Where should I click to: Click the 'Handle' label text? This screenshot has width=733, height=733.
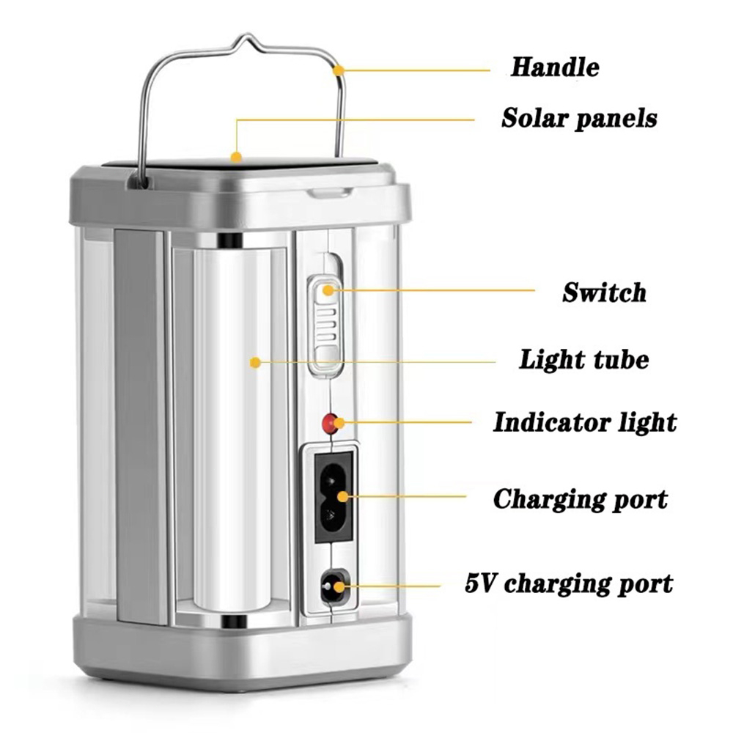555,67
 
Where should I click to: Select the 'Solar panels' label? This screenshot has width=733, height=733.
579,118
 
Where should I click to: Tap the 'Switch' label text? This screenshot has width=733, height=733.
604,292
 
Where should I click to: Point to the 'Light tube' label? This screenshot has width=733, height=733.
584,360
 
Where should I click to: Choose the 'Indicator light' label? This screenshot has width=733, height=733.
585,423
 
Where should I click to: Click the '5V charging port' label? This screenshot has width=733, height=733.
569,583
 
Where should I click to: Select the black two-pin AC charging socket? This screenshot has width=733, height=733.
333,498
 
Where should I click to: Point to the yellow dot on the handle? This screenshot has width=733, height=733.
339,70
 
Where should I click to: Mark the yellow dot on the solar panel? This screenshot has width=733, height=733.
237,157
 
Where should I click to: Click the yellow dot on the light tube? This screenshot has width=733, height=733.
255,362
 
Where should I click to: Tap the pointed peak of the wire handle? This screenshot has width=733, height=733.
248,35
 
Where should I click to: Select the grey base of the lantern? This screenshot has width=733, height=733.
242,652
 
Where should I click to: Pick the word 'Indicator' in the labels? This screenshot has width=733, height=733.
552,423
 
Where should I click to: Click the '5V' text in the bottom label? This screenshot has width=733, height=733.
479,583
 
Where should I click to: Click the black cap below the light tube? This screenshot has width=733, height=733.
233,622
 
